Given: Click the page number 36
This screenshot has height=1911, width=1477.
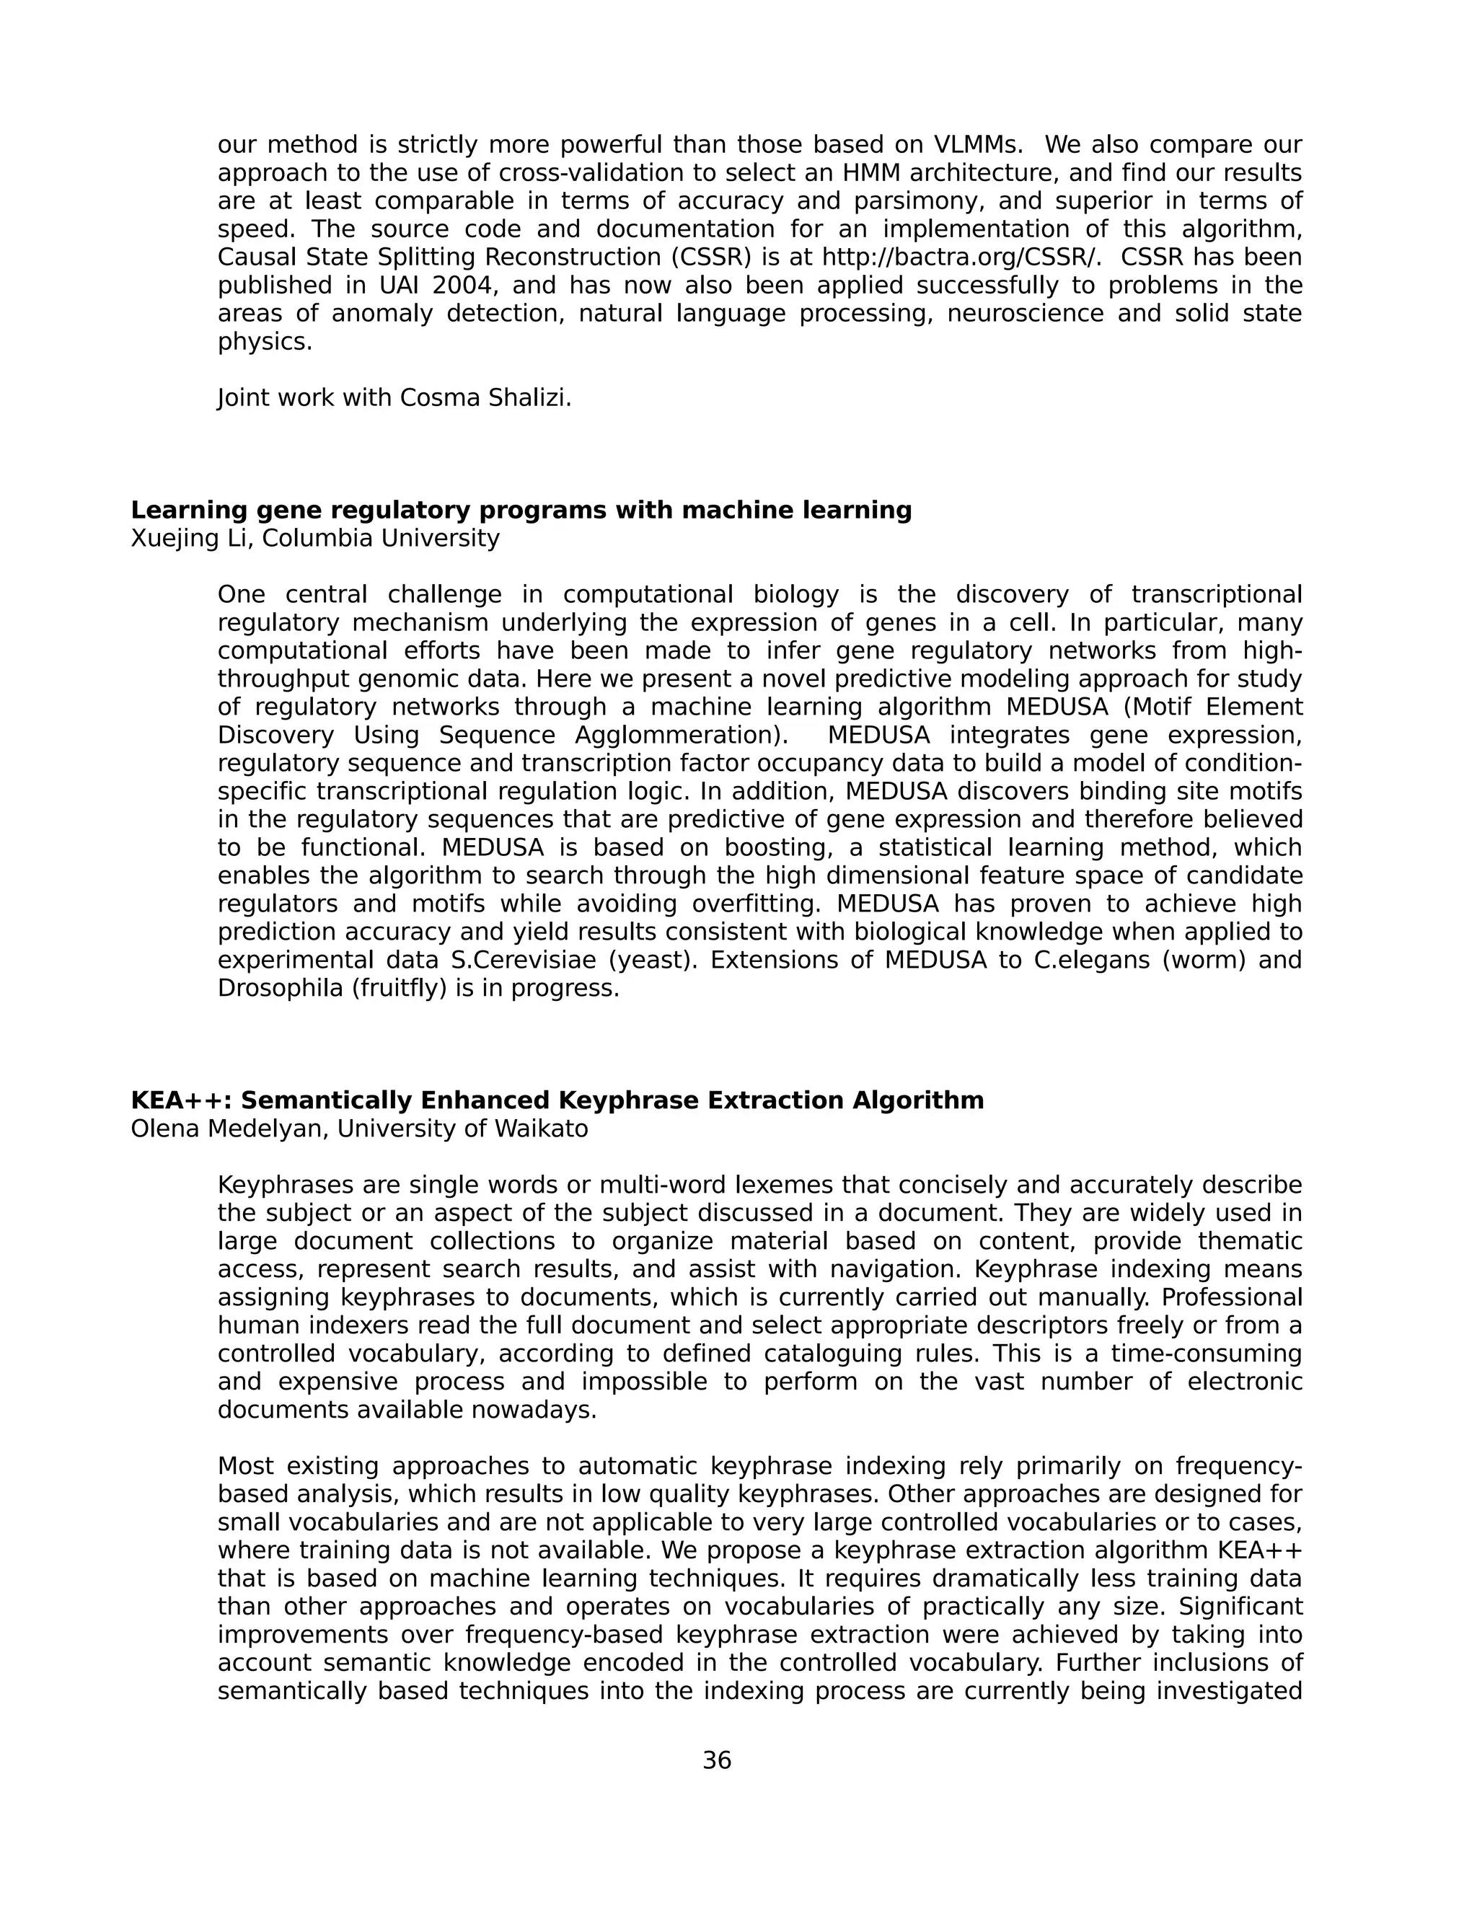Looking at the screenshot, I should (x=717, y=1760).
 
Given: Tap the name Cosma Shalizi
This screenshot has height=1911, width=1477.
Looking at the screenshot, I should (x=485, y=398).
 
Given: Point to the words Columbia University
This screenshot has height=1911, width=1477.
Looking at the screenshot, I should (x=381, y=538).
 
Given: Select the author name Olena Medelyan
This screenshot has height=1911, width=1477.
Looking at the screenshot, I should (x=229, y=1129).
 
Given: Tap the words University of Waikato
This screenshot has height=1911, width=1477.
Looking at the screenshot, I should (x=463, y=1129).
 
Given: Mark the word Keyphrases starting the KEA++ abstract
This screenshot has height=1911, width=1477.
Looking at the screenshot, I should (x=286, y=1186).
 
